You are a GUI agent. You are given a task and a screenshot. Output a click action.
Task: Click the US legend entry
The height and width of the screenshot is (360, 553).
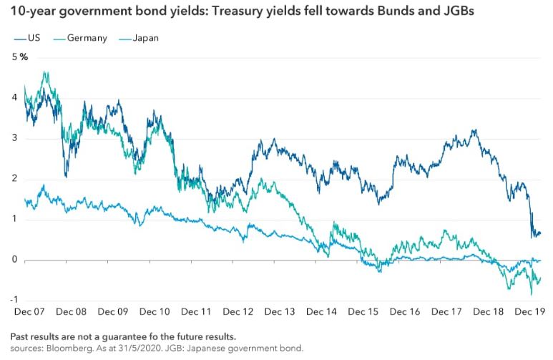(x=27, y=38)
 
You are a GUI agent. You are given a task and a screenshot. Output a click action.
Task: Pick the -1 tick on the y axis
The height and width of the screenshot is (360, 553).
(x=14, y=300)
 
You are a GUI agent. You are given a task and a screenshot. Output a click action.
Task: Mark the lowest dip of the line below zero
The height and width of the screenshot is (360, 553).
(x=531, y=294)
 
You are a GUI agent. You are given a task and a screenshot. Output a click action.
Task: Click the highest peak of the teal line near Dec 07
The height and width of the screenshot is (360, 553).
(x=45, y=72)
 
